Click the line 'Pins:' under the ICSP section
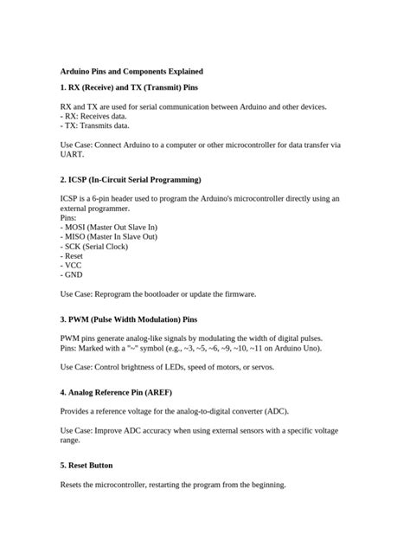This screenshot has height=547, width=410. click(68, 218)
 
